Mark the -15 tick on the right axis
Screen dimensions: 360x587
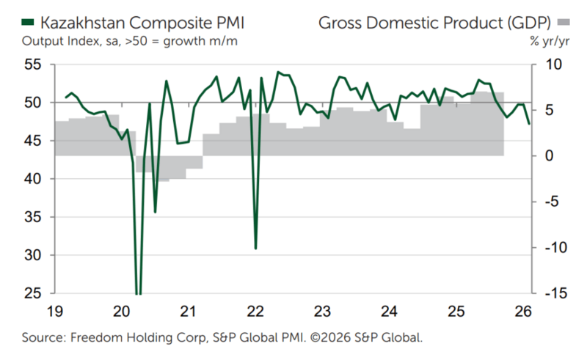551,293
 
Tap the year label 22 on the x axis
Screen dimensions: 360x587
255,311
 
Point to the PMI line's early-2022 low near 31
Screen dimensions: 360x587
255,249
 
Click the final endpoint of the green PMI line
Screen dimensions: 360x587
528,123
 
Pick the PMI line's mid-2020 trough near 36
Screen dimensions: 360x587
155,212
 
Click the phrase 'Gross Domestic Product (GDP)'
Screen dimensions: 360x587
433,22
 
